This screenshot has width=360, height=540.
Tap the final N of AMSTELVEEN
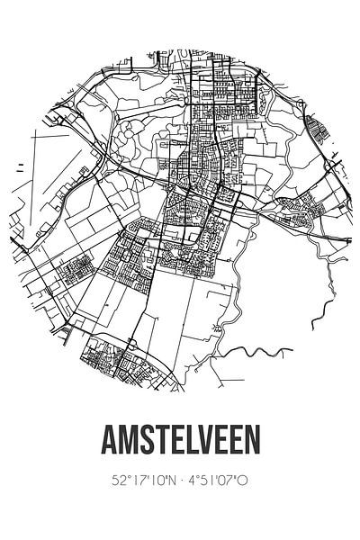pos(256,441)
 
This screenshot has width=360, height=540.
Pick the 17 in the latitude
pos(136,481)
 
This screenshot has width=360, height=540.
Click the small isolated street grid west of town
pos(77,266)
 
